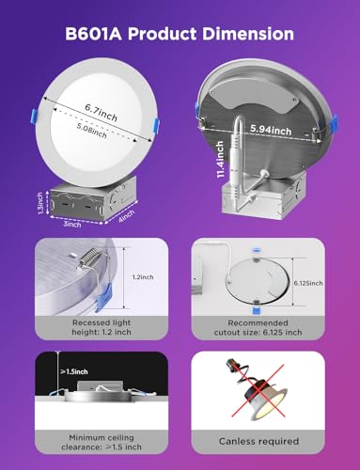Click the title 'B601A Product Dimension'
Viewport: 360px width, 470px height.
(180, 35)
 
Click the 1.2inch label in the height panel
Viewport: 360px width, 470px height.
(142, 278)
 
